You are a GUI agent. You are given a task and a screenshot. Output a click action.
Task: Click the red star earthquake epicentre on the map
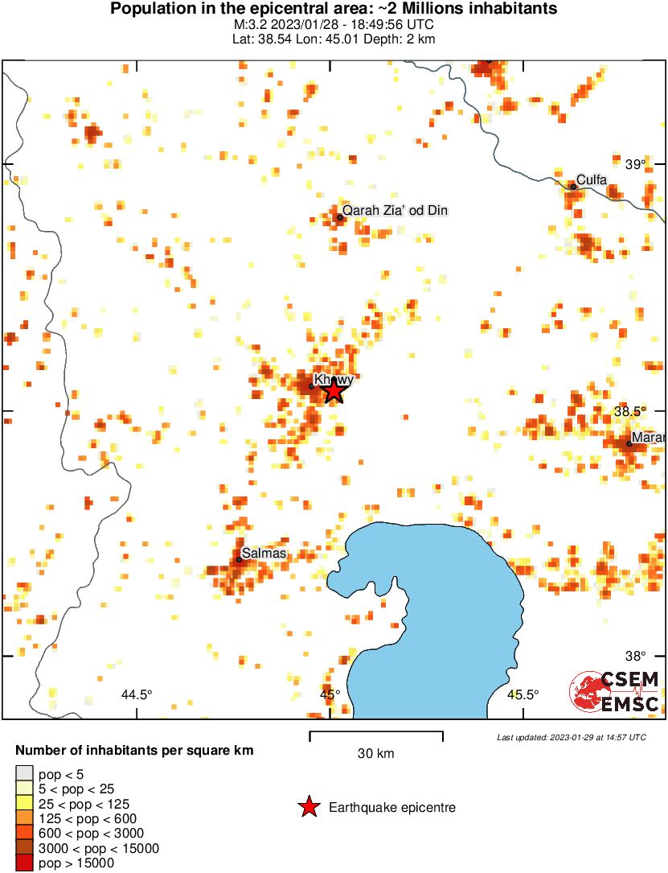coord(334,390)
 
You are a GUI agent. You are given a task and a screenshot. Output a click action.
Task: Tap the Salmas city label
coord(264,554)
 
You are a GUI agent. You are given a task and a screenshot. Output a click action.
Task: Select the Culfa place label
coord(592,180)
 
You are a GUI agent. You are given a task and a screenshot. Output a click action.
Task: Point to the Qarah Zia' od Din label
coord(395,211)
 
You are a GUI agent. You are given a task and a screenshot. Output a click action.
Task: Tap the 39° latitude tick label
coord(636,165)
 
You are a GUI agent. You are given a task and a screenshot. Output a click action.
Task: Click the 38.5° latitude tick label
coord(630,411)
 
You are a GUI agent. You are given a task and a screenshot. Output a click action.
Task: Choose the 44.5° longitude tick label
coord(136,694)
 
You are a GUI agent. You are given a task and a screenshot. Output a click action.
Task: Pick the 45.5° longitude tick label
coord(523,694)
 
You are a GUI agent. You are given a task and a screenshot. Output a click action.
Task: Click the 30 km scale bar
coord(376,733)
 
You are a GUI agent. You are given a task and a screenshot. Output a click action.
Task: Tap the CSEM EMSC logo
coord(615,691)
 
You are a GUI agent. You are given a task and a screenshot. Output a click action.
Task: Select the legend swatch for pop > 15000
coord(24,863)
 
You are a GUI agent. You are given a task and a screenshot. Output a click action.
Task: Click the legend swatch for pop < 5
coord(24,775)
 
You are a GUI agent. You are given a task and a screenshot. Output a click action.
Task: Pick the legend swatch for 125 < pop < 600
coord(24,818)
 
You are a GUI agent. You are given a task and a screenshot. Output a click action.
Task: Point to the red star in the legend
coord(308,807)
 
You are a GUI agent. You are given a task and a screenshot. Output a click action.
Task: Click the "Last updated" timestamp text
coord(571,737)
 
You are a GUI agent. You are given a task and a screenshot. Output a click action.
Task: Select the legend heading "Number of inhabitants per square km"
coord(134,751)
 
